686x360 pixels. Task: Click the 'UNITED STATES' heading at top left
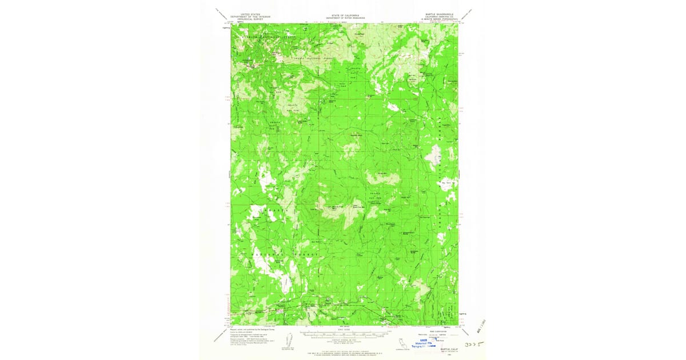point(250,13)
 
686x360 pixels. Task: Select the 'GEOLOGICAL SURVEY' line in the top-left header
point(250,18)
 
